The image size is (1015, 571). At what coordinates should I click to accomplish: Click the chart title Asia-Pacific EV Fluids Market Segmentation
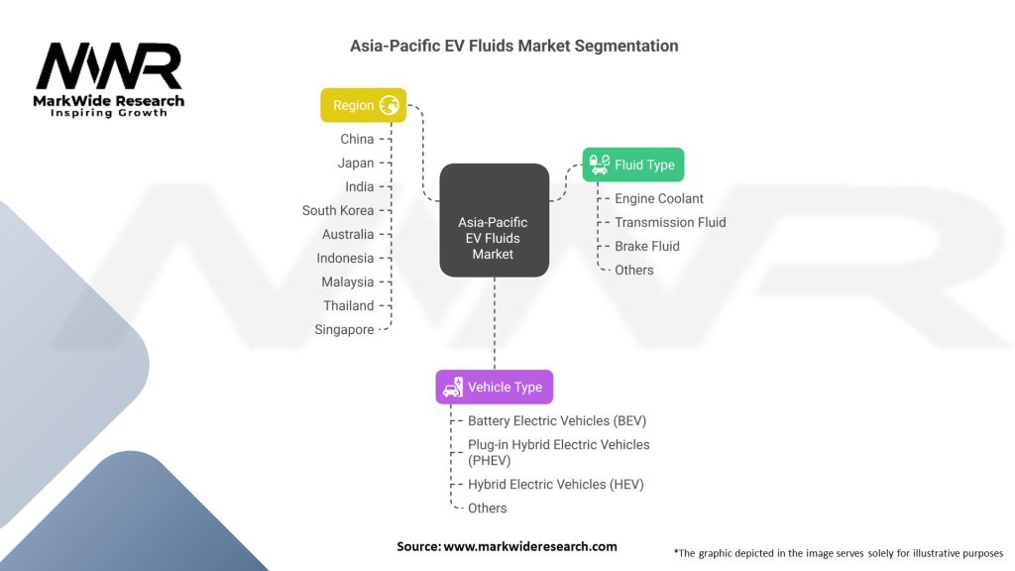point(513,46)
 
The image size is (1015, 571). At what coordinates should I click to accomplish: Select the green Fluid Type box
point(632,165)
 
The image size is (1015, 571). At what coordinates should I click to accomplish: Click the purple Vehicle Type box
point(494,387)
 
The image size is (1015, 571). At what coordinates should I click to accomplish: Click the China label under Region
point(357,139)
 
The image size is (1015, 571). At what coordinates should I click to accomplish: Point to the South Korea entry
point(338,210)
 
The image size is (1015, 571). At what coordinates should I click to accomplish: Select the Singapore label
point(344,329)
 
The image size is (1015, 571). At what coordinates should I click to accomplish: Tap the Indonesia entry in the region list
point(345,258)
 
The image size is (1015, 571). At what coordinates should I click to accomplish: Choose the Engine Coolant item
point(658,198)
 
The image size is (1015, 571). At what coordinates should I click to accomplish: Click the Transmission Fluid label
point(670,222)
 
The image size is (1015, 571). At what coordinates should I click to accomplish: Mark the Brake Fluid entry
point(647,246)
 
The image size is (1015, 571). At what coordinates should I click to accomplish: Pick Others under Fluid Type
point(634,270)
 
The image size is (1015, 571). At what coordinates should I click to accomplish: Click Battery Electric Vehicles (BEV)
point(557,420)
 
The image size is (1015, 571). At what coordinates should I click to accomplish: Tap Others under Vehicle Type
point(488,508)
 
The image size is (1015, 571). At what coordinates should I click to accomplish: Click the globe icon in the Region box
point(390,105)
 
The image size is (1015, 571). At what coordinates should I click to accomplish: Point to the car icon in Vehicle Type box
point(452,387)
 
